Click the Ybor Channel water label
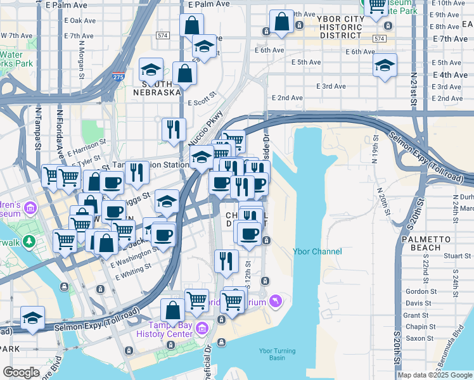click(x=317, y=251)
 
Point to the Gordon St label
click(x=418, y=291)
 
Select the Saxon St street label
click(x=420, y=338)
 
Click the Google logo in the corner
click(x=21, y=372)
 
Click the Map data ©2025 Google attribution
click(x=435, y=375)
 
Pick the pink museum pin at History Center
click(x=202, y=327)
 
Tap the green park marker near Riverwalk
click(x=29, y=241)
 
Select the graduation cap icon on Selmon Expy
click(x=32, y=319)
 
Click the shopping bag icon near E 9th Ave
click(x=281, y=22)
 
